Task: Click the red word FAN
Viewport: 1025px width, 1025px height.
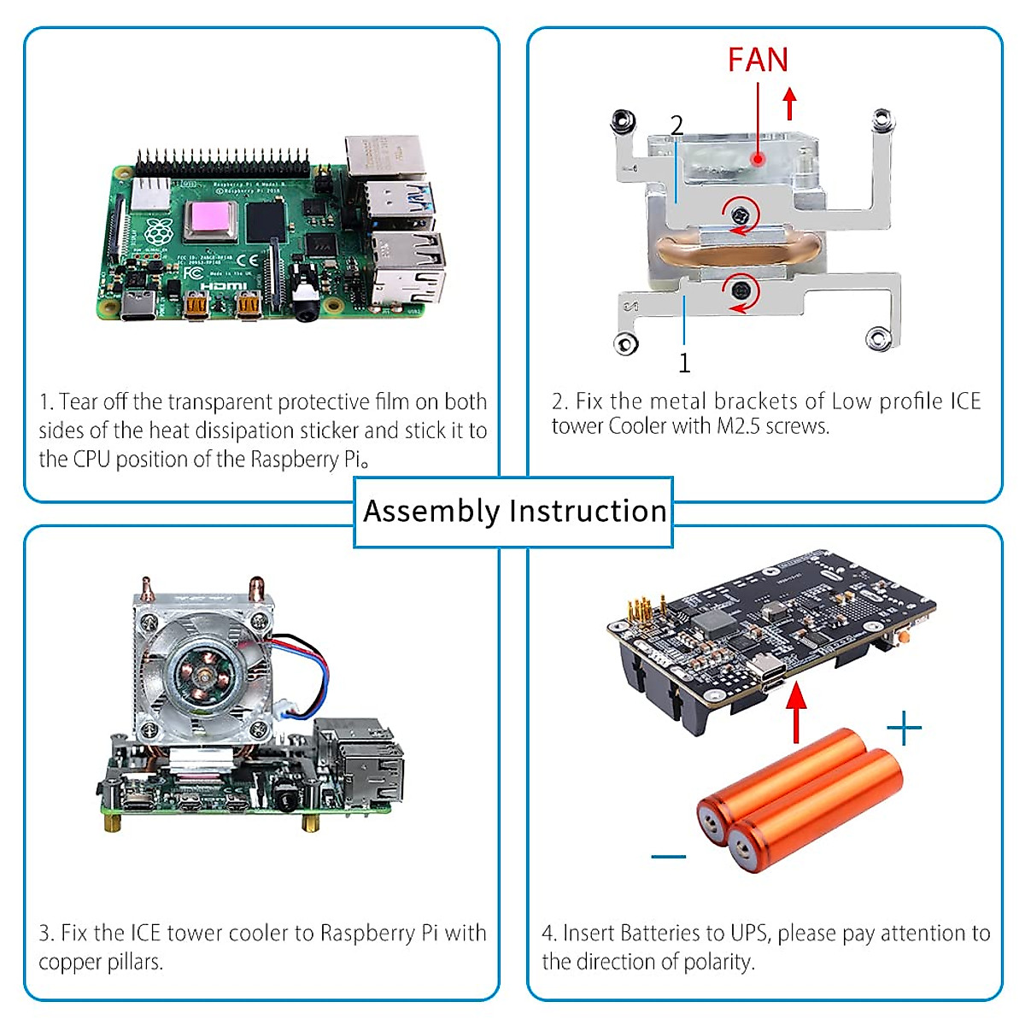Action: pos(758,60)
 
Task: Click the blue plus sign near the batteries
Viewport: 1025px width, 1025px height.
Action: pos(904,729)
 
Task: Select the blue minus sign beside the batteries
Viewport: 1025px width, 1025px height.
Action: pos(668,856)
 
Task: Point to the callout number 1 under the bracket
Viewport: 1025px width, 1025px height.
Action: pos(684,364)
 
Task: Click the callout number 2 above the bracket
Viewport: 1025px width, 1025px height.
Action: pos(676,126)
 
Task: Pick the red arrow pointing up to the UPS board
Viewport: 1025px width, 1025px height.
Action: pos(796,713)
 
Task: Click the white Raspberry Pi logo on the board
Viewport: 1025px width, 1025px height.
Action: pos(157,231)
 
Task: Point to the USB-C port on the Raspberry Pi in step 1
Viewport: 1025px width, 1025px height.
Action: pos(139,305)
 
